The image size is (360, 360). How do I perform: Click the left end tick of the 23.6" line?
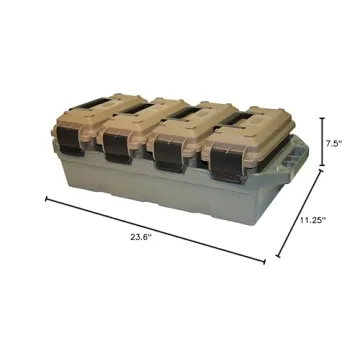[46, 198]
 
